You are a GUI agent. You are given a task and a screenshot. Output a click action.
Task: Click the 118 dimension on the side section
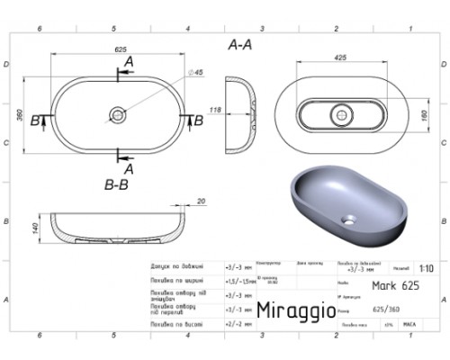[216, 109]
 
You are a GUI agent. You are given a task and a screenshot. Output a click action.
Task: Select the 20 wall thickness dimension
[200, 202]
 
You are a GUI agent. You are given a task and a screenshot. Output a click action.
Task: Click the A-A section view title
[240, 43]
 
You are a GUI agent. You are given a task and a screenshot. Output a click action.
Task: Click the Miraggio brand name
[297, 310]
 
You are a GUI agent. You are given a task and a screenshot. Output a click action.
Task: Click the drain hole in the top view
[120, 114]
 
